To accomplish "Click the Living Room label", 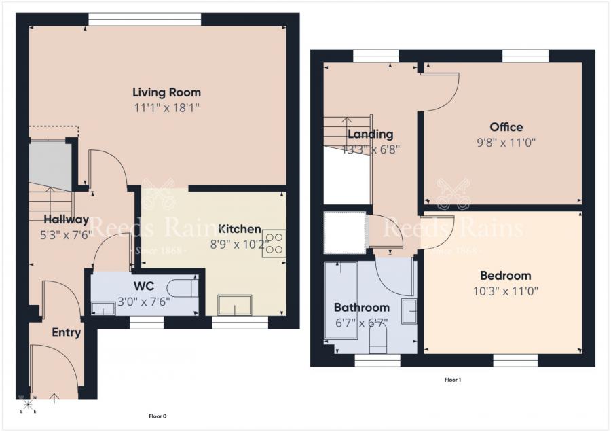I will click(x=166, y=92).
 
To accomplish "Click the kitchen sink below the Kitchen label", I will click(x=234, y=305).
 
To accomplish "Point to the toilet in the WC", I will click(x=184, y=288).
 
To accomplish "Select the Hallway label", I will click(x=67, y=219).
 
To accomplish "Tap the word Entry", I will click(x=67, y=333).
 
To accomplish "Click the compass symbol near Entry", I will click(x=28, y=404).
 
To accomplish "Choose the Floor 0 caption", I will click(x=157, y=416).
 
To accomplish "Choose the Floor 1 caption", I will click(x=452, y=380).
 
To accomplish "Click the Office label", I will click(x=506, y=127).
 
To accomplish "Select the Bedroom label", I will click(x=505, y=276).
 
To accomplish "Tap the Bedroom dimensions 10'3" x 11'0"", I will click(x=505, y=291).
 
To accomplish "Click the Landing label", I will click(x=370, y=134).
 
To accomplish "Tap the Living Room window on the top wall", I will click(x=144, y=19).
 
